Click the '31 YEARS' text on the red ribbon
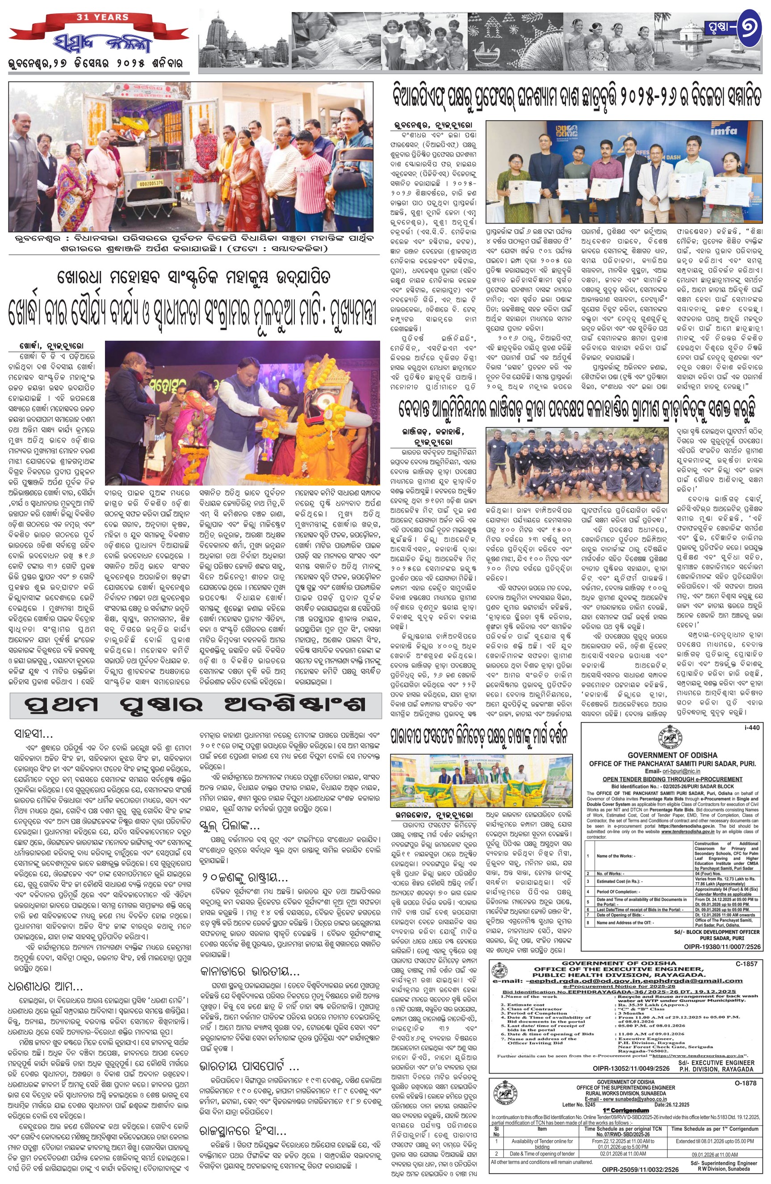pyautogui.click(x=102, y=17)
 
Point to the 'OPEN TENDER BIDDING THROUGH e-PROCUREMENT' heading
pyautogui.click(x=673, y=779)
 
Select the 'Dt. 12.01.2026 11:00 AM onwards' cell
pyautogui.click(x=725, y=915)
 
